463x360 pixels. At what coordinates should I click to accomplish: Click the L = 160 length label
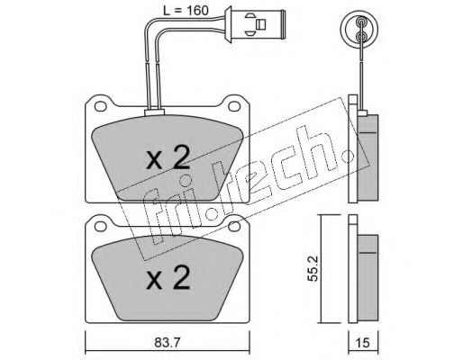(x=186, y=11)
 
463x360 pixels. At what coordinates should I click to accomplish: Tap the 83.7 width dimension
(x=168, y=343)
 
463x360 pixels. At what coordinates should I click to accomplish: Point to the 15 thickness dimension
(x=363, y=343)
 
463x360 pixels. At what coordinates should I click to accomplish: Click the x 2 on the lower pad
(x=168, y=277)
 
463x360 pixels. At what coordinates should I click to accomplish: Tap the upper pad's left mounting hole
(x=100, y=106)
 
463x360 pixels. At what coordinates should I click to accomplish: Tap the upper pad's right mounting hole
(x=233, y=106)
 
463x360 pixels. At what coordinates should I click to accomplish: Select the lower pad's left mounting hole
(x=100, y=227)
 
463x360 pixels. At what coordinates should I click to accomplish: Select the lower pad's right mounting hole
(x=233, y=227)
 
